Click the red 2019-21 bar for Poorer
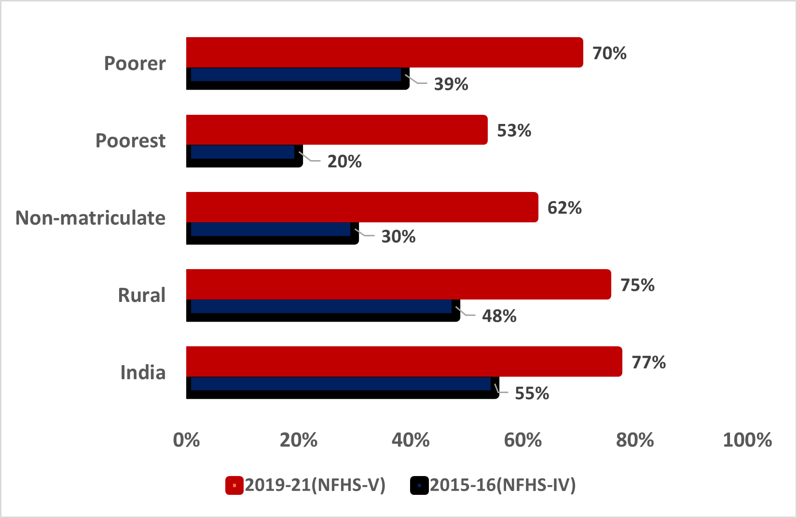[x=385, y=52]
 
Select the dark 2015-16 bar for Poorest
[x=245, y=156]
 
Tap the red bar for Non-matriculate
[x=362, y=207]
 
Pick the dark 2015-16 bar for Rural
[x=323, y=311]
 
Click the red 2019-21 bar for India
[x=404, y=361]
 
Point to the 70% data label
[x=609, y=54]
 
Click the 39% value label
[x=451, y=84]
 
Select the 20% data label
[x=344, y=162]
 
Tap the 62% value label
[x=564, y=208]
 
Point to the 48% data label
[x=499, y=316]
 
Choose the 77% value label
[x=648, y=363]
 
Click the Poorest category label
[x=130, y=140]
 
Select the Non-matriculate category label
[x=90, y=218]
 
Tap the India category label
[x=143, y=372]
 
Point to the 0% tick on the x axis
[x=186, y=440]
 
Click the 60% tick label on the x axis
[x=522, y=440]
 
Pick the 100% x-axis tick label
[x=747, y=440]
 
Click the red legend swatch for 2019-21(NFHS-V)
[x=234, y=485]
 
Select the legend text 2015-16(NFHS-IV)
[x=502, y=485]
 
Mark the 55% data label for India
[x=532, y=394]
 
